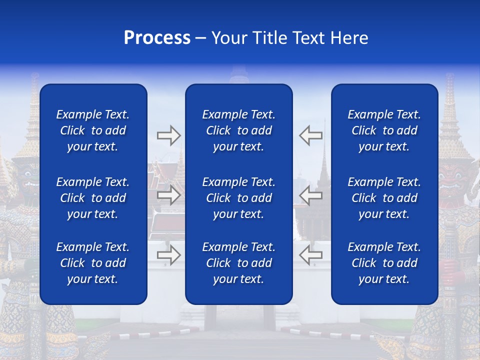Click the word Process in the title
(157, 38)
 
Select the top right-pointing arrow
(168, 135)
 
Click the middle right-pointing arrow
(168, 195)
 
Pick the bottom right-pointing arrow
(168, 255)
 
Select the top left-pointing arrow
(310, 135)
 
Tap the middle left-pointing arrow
(310, 195)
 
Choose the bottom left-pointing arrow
(310, 255)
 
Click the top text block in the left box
(93, 130)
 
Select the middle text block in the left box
(93, 198)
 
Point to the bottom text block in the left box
(93, 263)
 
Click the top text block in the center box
(238, 130)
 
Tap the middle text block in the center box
(238, 198)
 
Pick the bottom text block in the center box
(238, 263)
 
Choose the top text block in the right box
(384, 130)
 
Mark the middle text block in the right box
(384, 198)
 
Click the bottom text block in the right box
(384, 263)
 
